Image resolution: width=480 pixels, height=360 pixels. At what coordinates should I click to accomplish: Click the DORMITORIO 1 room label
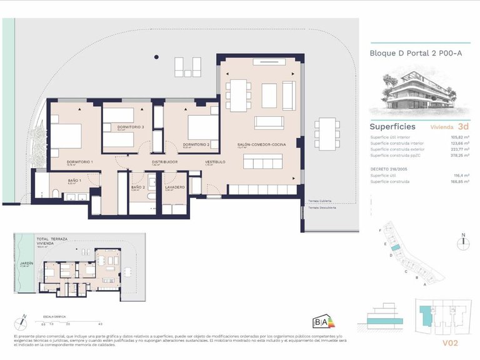[80, 162]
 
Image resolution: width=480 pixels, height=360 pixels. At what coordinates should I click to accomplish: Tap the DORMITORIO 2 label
[196, 144]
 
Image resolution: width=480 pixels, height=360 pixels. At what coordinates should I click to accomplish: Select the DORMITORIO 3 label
[131, 127]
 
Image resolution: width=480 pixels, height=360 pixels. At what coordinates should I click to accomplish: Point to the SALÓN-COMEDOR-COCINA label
[261, 144]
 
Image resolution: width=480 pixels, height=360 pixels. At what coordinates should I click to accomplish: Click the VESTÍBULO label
[215, 162]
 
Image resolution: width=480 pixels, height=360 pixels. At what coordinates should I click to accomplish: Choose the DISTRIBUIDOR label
[165, 162]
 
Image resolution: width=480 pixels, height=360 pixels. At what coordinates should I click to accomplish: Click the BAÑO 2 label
[138, 187]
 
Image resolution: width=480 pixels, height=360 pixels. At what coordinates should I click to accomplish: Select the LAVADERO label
[174, 187]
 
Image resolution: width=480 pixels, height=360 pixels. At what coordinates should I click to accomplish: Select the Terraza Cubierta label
[320, 201]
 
